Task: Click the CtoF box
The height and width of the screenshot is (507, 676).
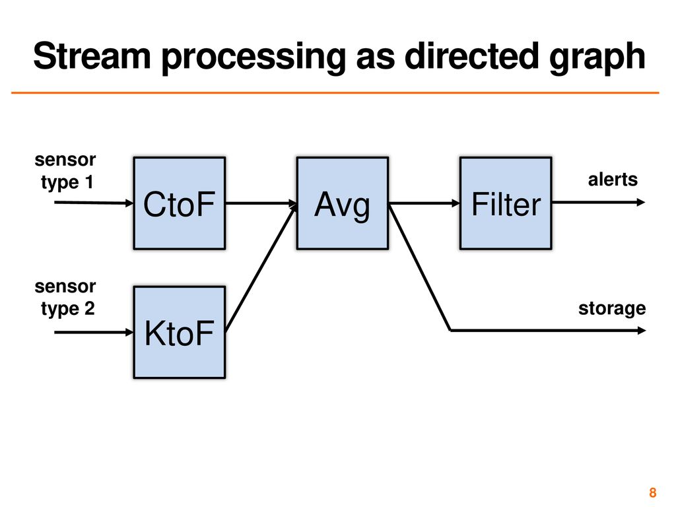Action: [180, 203]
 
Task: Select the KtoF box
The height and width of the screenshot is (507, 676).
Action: [180, 333]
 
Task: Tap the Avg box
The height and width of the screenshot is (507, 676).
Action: [343, 203]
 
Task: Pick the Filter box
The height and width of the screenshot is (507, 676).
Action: [506, 203]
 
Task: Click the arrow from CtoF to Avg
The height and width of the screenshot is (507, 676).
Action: [261, 203]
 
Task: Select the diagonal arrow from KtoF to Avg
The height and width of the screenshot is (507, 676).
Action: [261, 267]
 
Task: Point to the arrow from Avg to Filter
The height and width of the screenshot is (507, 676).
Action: [424, 203]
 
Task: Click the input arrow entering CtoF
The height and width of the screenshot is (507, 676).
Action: [94, 203]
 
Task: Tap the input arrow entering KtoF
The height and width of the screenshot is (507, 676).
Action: [94, 332]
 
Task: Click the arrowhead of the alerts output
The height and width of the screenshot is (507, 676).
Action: [641, 202]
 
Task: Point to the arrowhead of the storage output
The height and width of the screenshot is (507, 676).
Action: [642, 331]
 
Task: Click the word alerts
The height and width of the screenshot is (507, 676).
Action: [613, 180]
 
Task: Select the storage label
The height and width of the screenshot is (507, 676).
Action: [612, 309]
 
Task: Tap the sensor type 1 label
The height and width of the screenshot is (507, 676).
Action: [65, 171]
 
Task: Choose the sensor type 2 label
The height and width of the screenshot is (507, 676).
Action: [65, 298]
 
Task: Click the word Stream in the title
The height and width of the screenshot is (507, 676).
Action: [92, 56]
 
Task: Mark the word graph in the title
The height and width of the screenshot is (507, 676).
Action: [597, 58]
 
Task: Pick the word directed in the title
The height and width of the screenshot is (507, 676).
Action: [471, 55]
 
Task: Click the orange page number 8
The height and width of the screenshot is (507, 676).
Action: [653, 492]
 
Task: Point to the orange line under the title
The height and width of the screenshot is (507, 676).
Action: [335, 92]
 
